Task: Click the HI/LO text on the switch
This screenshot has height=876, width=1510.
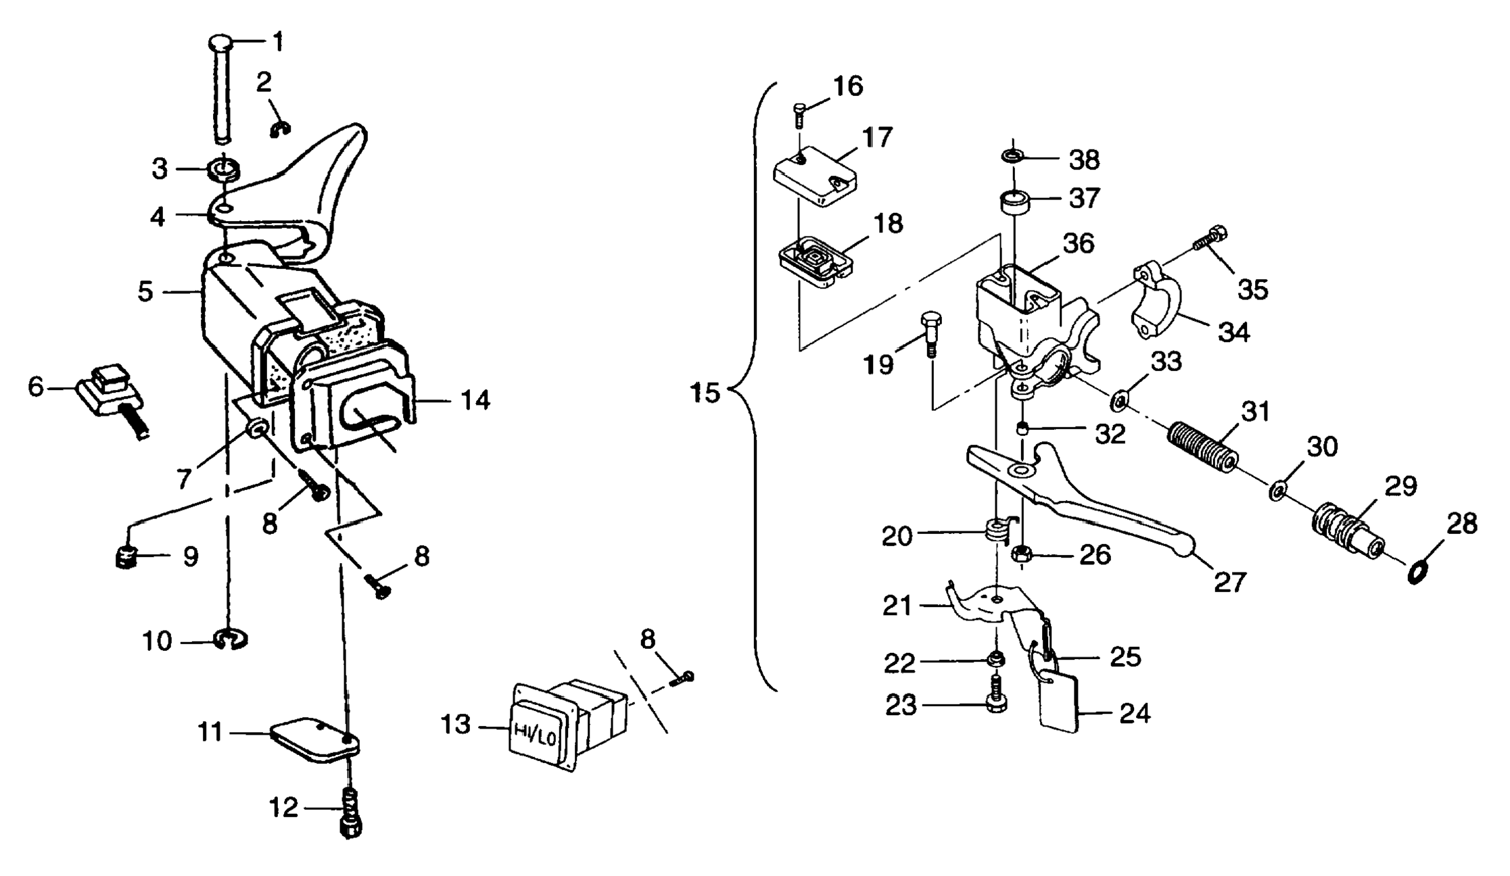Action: pyautogui.click(x=535, y=733)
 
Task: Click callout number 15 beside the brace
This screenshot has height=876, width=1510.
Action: pyautogui.click(x=705, y=393)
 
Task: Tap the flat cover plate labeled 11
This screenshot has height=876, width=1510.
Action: pyautogui.click(x=314, y=741)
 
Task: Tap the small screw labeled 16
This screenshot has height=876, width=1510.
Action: pyautogui.click(x=799, y=115)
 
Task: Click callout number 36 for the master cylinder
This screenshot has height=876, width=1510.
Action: pyautogui.click(x=1078, y=243)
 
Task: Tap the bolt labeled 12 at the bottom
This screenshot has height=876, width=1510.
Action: pyautogui.click(x=350, y=814)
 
